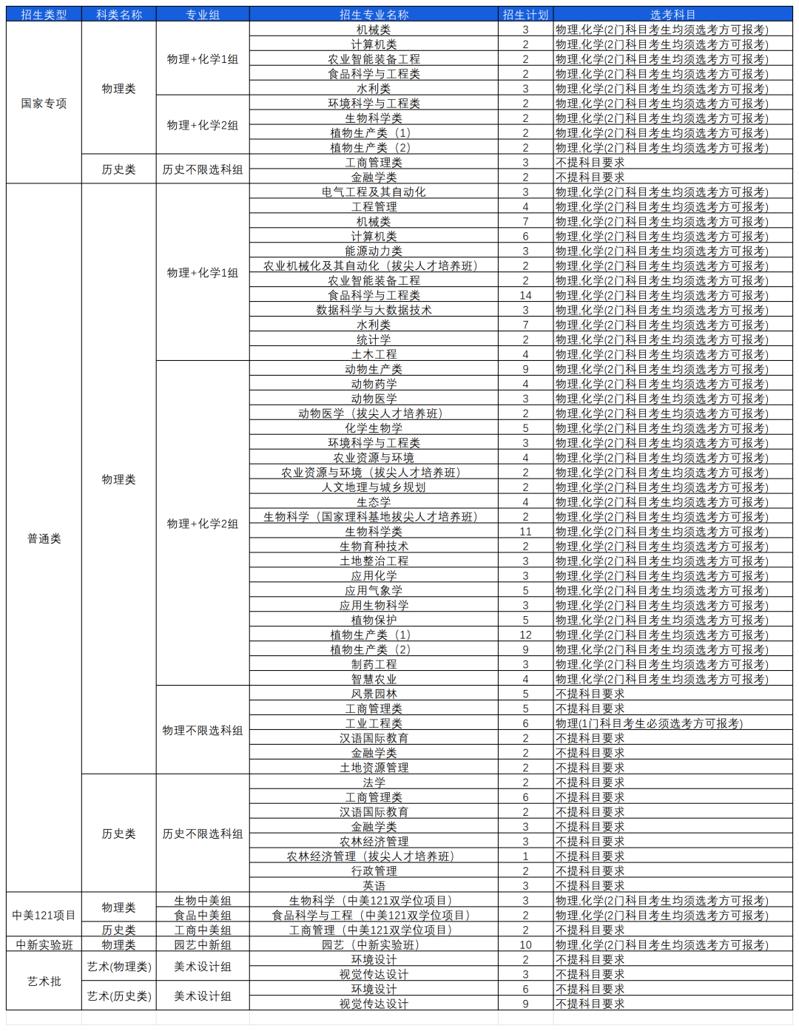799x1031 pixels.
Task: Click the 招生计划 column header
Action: tap(525, 15)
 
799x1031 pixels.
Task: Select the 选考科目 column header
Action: tap(672, 15)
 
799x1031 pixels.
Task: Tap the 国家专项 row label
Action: tap(44, 104)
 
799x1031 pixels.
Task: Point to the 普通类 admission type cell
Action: tap(44, 538)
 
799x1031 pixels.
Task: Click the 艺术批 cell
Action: tap(44, 981)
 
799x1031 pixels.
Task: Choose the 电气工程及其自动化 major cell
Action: tap(374, 192)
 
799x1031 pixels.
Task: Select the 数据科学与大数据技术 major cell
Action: tap(374, 311)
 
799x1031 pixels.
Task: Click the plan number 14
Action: tap(525, 296)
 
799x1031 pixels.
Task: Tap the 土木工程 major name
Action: tap(374, 354)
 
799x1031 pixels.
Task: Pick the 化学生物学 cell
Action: tap(374, 428)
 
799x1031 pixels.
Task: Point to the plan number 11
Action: tap(525, 532)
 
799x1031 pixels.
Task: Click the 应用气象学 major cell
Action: tap(374, 591)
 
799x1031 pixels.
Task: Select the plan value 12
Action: tap(525, 635)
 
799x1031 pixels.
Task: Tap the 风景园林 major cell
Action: tap(374, 694)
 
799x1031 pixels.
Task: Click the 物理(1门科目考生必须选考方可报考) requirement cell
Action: tap(649, 724)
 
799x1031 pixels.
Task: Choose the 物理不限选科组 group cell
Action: tap(203, 731)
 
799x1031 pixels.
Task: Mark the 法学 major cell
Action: tap(374, 782)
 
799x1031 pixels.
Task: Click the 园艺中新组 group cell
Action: tap(203, 945)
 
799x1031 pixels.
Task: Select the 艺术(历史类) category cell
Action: tap(118, 996)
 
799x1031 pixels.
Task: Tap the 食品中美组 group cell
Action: tap(203, 916)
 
